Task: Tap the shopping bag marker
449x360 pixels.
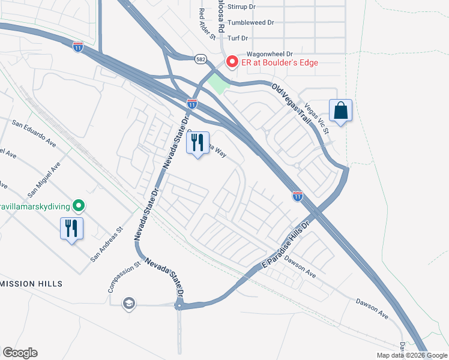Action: pos(340,111)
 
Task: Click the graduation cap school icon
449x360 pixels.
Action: pos(128,304)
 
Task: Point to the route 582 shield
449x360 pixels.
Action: pos(200,58)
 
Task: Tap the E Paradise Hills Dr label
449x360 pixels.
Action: pos(285,245)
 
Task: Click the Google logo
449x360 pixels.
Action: pos(20,353)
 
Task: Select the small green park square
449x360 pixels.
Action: pos(219,85)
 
